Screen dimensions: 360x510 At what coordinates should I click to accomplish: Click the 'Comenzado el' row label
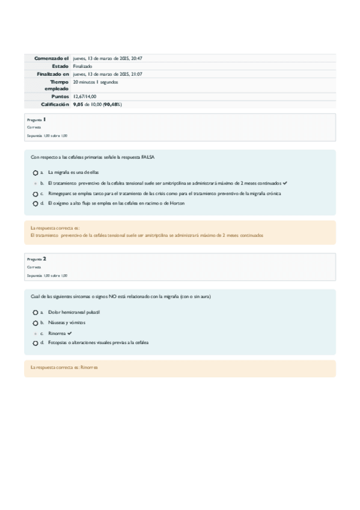click(x=52, y=58)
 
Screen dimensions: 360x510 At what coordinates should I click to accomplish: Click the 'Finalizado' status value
click(x=83, y=66)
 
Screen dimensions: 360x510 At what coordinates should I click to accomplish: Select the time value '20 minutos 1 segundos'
click(x=95, y=82)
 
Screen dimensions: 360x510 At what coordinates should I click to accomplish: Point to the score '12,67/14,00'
click(x=85, y=96)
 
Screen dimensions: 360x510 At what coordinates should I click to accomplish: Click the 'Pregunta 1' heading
click(x=37, y=120)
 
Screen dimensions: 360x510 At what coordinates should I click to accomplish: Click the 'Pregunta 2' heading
click(x=37, y=259)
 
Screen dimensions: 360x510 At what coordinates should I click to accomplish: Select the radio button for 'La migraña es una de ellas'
click(x=35, y=173)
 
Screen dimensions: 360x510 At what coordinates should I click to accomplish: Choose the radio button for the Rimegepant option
click(x=35, y=194)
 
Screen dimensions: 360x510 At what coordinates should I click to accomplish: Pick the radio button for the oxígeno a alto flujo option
click(x=35, y=204)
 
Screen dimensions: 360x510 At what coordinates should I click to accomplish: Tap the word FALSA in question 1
click(x=148, y=157)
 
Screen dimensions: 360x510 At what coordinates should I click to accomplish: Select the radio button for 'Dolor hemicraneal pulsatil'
click(x=35, y=313)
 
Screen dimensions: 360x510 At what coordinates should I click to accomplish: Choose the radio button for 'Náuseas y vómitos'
click(x=35, y=323)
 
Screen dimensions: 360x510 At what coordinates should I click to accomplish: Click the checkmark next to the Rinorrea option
click(x=70, y=333)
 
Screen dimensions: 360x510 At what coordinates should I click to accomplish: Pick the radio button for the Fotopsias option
click(x=35, y=343)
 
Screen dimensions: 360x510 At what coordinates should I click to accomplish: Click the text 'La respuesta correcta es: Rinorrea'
click(x=64, y=366)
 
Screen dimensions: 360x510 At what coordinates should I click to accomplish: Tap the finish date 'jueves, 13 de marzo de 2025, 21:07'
click(x=108, y=74)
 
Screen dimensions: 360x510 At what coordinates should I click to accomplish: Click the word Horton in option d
click(x=177, y=203)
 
